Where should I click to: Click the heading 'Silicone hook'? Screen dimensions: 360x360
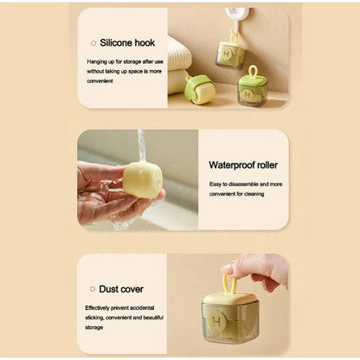[x=128, y=42]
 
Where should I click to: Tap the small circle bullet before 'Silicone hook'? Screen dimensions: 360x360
[x=93, y=42]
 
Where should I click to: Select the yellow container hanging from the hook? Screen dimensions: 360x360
[x=231, y=54]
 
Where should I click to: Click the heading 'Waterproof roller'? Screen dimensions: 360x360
[x=243, y=164]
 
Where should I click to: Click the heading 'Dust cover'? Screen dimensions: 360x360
[x=122, y=288]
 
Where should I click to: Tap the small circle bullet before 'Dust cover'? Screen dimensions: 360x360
[x=93, y=288]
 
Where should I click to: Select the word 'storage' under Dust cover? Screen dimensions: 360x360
[x=94, y=327]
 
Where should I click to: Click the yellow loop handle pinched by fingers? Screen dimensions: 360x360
[x=230, y=286]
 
